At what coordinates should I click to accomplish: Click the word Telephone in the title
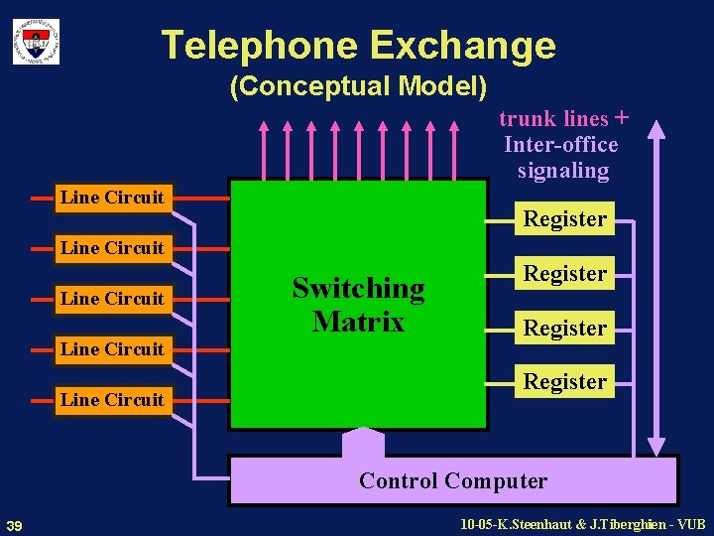click(260, 46)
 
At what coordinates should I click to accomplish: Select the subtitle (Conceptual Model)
click(358, 87)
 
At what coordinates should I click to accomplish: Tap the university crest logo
click(36, 41)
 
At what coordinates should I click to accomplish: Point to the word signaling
click(563, 171)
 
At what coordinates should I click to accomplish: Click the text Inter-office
click(560, 145)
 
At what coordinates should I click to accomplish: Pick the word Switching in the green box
click(358, 288)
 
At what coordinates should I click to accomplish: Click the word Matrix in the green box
click(358, 322)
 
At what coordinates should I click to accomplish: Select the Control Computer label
click(453, 481)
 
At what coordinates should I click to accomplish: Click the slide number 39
click(15, 524)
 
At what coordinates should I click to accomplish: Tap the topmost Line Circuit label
click(112, 198)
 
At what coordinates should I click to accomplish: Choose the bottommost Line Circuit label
click(112, 400)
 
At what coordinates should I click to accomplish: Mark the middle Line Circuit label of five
click(112, 299)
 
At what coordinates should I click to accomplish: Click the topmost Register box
click(565, 218)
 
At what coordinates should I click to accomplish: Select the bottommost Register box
click(565, 381)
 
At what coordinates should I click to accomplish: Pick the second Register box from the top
click(565, 273)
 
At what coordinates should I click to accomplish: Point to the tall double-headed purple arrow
click(654, 288)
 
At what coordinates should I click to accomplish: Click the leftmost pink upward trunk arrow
click(265, 149)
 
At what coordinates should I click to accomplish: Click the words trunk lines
click(553, 119)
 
